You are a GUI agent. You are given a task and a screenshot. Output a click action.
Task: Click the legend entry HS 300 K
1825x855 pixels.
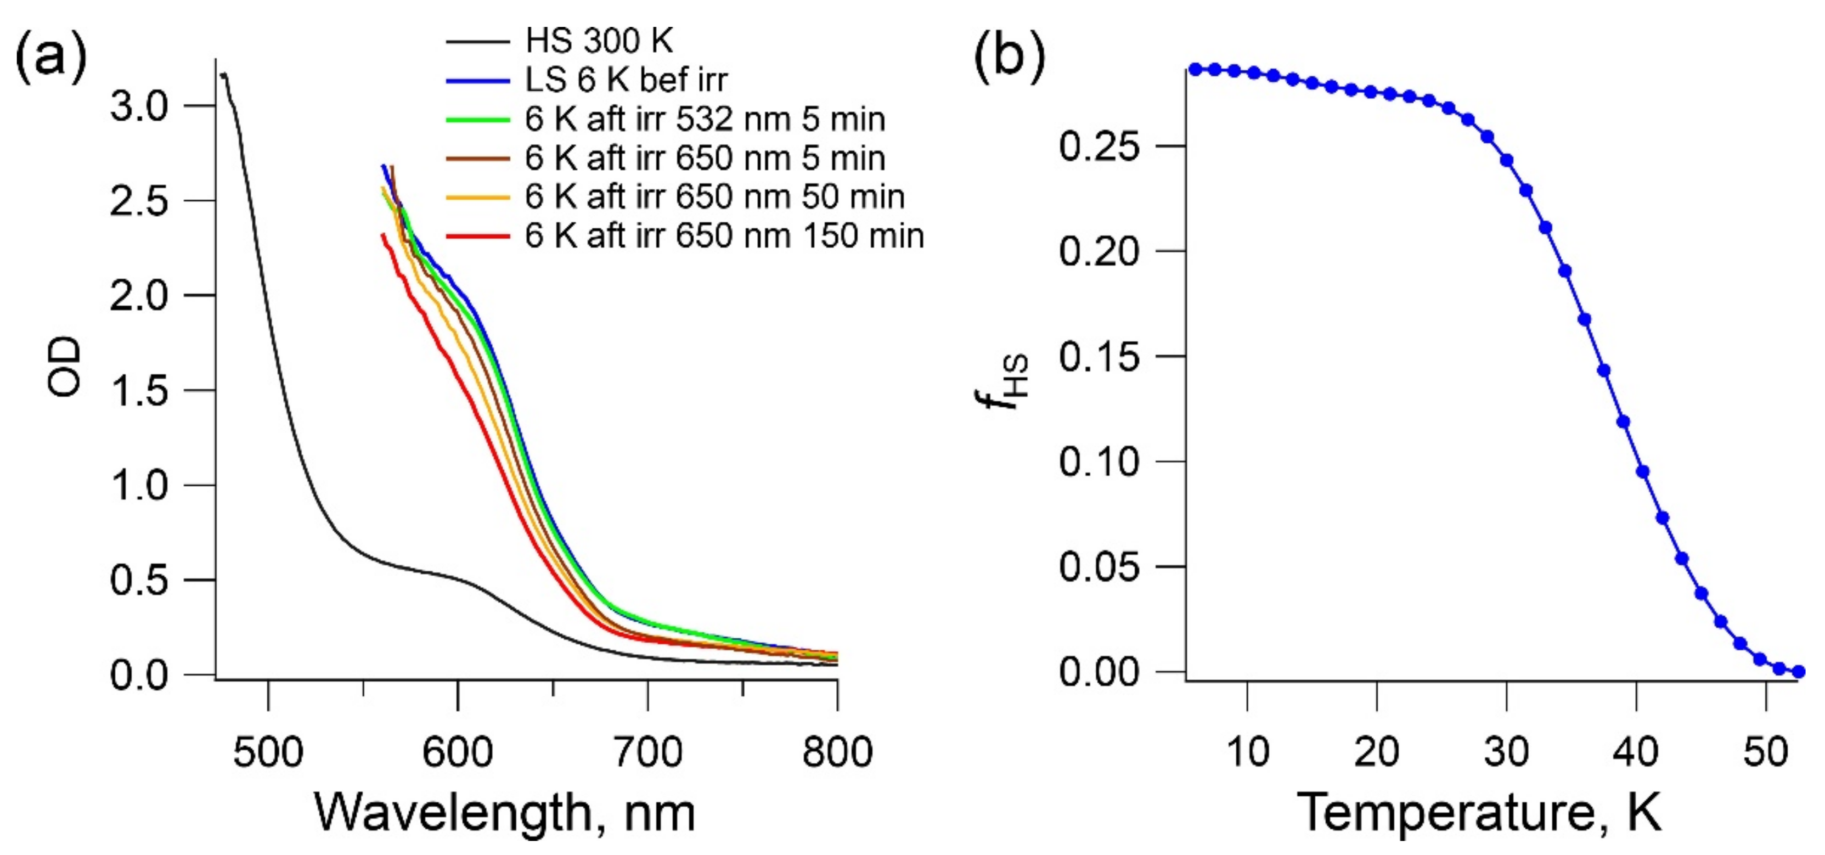coord(599,41)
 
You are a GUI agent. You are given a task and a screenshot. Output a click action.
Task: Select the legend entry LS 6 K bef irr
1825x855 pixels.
coord(626,80)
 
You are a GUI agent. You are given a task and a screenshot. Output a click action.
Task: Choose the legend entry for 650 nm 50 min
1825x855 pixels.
coord(714,196)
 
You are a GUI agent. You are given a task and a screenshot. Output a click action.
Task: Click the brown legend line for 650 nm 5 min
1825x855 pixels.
coord(477,158)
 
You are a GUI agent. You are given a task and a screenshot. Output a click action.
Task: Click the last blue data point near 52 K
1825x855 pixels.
coord(1798,672)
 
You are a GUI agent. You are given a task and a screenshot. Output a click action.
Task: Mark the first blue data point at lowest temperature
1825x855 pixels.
coord(1195,69)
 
